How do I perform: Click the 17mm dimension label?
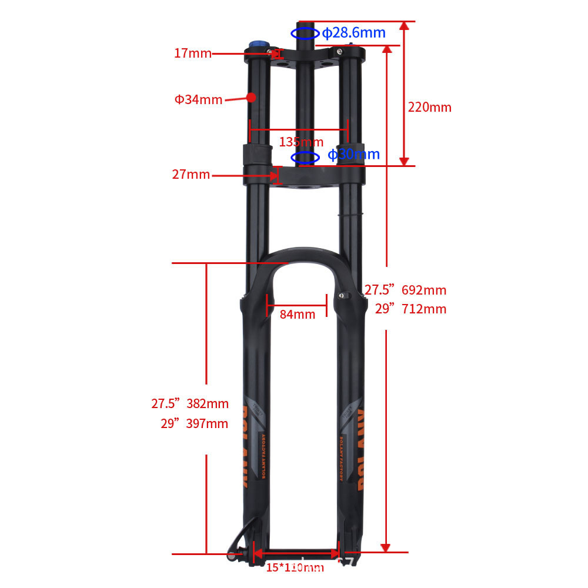(x=192, y=54)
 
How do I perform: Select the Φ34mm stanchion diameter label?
(x=198, y=99)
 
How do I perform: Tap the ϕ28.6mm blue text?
(x=353, y=32)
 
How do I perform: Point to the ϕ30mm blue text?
(x=353, y=155)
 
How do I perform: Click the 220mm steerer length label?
(x=429, y=107)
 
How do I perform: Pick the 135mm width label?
(x=300, y=142)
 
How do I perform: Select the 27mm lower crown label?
(x=191, y=175)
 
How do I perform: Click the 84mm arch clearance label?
(x=297, y=314)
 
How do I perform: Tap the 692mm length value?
(x=424, y=290)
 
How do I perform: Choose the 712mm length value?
(x=424, y=309)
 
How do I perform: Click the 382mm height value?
(x=207, y=403)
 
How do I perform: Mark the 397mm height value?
(x=207, y=423)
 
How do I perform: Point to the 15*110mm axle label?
(x=295, y=567)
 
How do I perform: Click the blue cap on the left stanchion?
(x=258, y=45)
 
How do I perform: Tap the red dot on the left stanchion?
(x=252, y=97)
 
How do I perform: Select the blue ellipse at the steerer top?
(x=305, y=33)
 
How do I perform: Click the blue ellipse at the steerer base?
(x=306, y=157)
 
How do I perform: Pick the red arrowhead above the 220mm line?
(x=404, y=26)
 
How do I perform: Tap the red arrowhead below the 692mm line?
(x=386, y=547)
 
